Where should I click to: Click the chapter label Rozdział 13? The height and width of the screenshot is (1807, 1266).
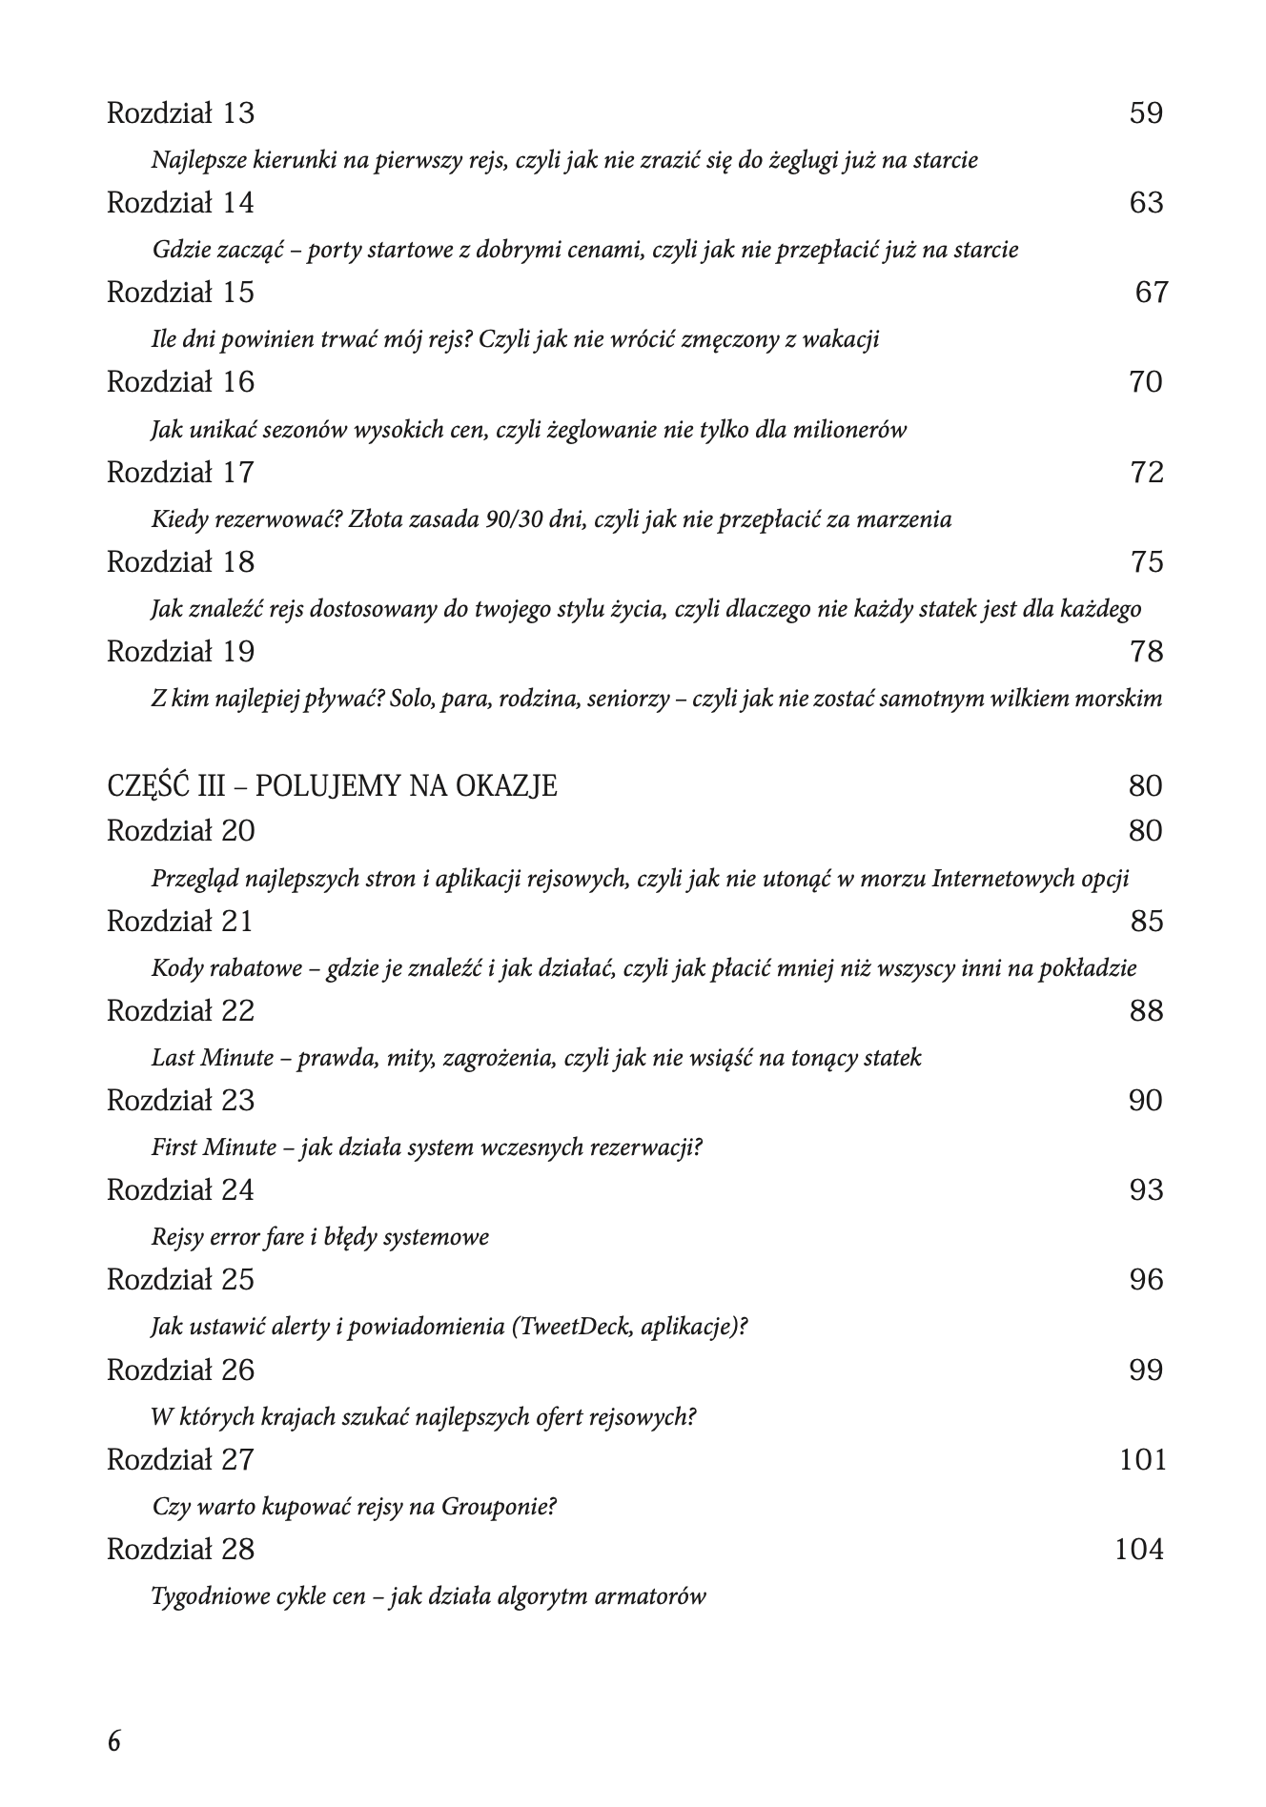pyautogui.click(x=180, y=113)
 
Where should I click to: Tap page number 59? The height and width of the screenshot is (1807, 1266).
pyautogui.click(x=1146, y=113)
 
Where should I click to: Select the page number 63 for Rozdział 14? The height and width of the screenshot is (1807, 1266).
pyautogui.click(x=1146, y=203)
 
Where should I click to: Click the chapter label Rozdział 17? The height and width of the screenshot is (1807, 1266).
pyautogui.click(x=180, y=473)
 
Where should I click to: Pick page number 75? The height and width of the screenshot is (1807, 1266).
pyautogui.click(x=1147, y=562)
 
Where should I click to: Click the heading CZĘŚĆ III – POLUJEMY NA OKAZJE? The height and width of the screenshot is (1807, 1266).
pyautogui.click(x=332, y=786)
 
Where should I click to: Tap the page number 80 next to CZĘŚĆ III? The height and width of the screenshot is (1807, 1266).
pyautogui.click(x=1145, y=786)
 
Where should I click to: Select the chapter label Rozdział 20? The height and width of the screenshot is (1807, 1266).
pyautogui.click(x=180, y=831)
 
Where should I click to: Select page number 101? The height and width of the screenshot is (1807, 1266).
pyautogui.click(x=1142, y=1460)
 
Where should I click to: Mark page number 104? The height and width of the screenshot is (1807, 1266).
pyautogui.click(x=1139, y=1550)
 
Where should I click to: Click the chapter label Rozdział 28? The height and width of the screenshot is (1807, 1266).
pyautogui.click(x=180, y=1550)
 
